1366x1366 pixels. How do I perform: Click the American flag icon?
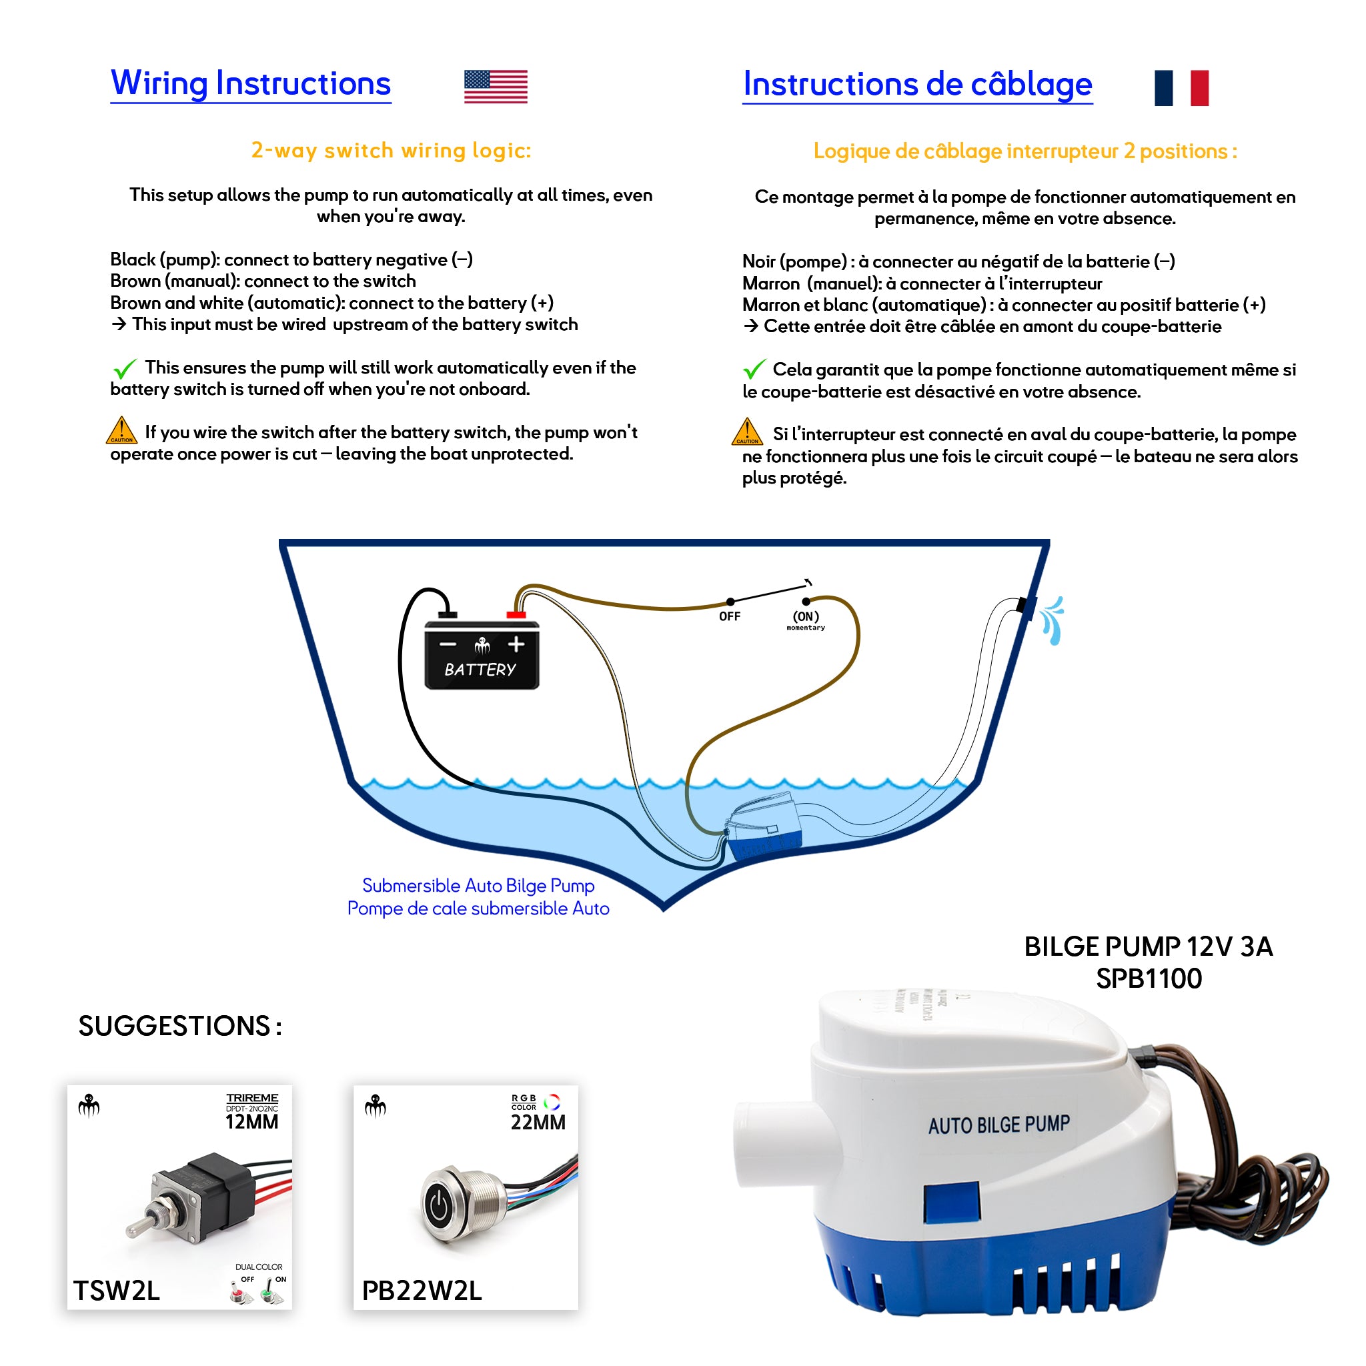496,87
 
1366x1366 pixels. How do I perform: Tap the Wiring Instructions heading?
251,83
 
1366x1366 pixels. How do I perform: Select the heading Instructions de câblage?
917,85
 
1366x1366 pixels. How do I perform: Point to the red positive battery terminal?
516,615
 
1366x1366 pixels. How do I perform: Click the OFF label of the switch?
730,616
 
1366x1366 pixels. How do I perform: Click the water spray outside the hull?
1053,620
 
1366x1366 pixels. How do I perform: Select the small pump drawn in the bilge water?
766,826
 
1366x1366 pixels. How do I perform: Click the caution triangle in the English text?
121,431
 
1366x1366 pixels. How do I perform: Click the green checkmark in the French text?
754,369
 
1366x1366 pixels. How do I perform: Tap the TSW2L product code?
117,1291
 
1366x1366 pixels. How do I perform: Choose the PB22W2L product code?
422,1291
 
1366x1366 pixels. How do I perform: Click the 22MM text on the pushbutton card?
538,1122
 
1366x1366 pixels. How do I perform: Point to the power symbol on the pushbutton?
438,1207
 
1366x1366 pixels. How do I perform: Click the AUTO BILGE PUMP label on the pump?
998,1125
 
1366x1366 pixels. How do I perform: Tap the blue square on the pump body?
951,1203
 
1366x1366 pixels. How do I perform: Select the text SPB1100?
1149,979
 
